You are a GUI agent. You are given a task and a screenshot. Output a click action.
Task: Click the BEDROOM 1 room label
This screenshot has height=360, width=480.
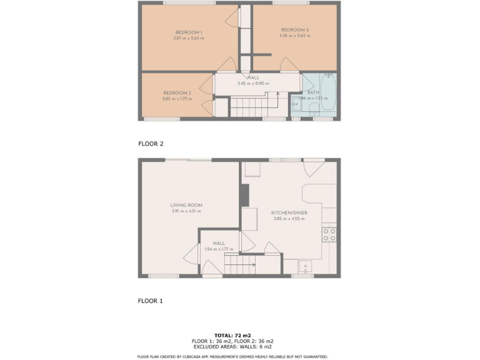[188, 32]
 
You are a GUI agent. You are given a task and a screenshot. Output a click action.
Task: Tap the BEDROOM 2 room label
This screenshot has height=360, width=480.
[294, 29]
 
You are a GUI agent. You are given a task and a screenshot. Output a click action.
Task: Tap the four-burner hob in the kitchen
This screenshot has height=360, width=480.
[329, 234]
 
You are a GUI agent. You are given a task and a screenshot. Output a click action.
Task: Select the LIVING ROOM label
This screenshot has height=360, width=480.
[186, 205]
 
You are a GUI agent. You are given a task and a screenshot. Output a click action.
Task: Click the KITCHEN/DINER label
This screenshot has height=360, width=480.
[287, 212]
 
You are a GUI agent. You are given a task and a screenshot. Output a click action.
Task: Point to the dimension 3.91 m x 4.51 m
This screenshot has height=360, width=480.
[186, 211]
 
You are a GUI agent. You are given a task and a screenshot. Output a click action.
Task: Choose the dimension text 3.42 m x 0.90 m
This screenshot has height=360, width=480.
[253, 84]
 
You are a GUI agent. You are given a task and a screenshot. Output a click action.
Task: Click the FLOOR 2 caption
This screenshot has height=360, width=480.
[151, 144]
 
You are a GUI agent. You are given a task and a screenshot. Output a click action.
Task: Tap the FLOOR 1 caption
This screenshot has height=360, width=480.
[151, 301]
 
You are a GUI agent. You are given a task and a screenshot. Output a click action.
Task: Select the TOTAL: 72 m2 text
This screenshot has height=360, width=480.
[232, 335]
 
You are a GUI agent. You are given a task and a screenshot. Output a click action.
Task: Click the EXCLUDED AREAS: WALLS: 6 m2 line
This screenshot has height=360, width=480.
[232, 346]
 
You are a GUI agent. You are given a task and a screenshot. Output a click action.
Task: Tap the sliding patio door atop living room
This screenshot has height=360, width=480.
[190, 160]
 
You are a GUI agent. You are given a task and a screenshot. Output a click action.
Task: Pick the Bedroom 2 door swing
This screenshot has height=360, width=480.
[287, 64]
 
